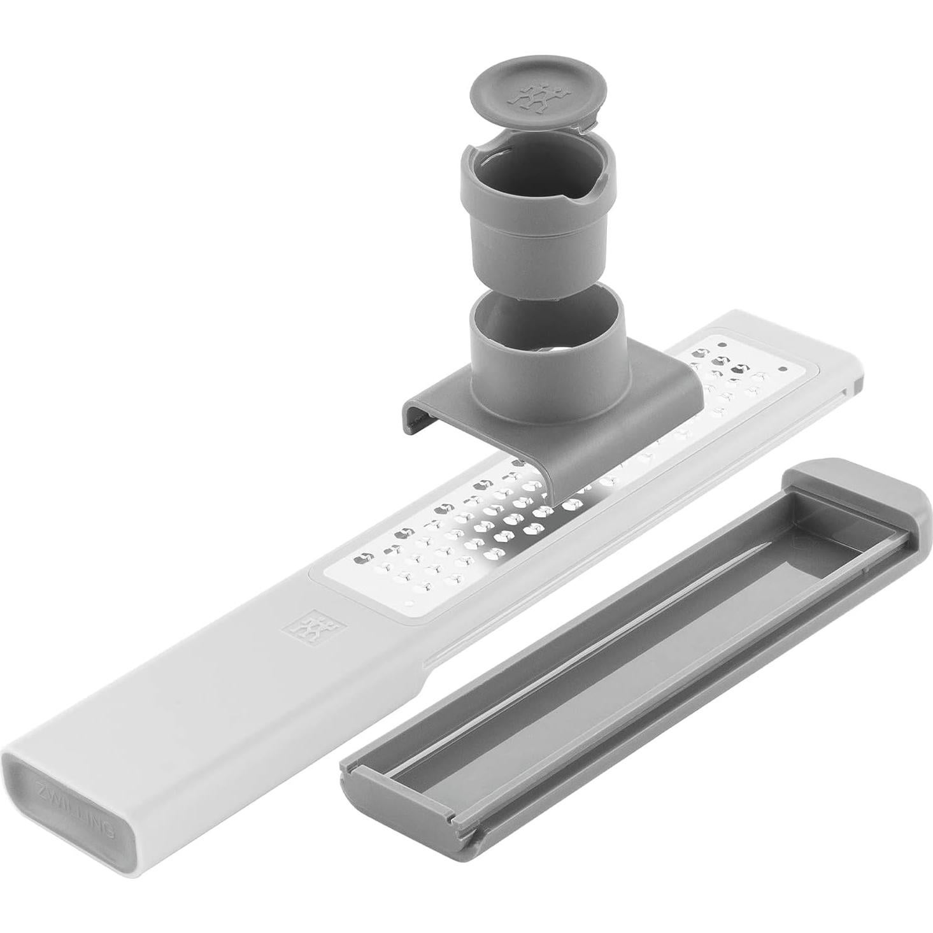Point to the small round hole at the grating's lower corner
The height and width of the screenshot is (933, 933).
point(410,602)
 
